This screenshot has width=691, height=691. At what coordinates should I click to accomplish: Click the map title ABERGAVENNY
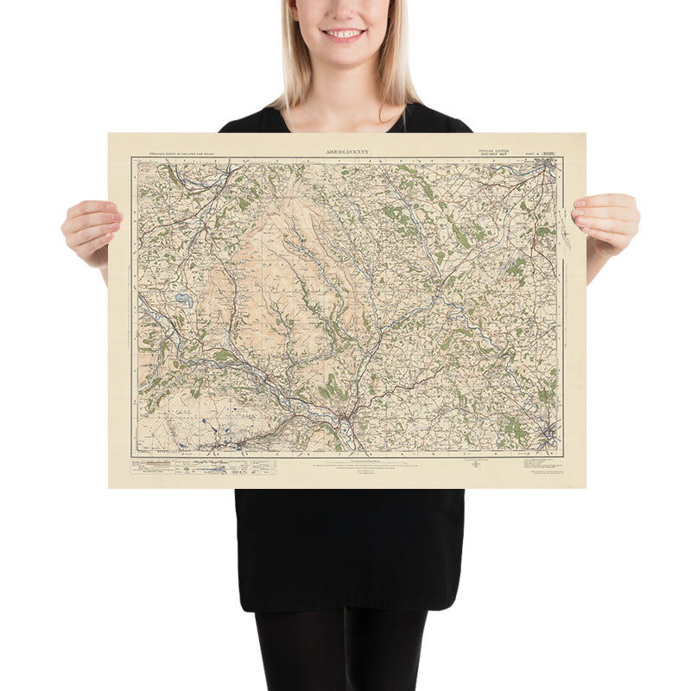tap(346, 152)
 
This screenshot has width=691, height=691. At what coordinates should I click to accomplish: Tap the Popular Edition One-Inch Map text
tap(494, 152)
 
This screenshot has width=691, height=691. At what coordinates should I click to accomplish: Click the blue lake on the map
tap(184, 301)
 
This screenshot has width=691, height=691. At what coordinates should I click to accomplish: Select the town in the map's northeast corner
tap(544, 168)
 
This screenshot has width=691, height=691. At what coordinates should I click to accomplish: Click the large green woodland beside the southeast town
tap(516, 427)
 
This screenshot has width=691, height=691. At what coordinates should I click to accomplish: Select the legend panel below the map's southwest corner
tap(204, 466)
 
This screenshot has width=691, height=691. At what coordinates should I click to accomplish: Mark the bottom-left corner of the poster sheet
tap(110, 487)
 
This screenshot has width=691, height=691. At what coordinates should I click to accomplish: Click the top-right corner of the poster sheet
tap(586, 134)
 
